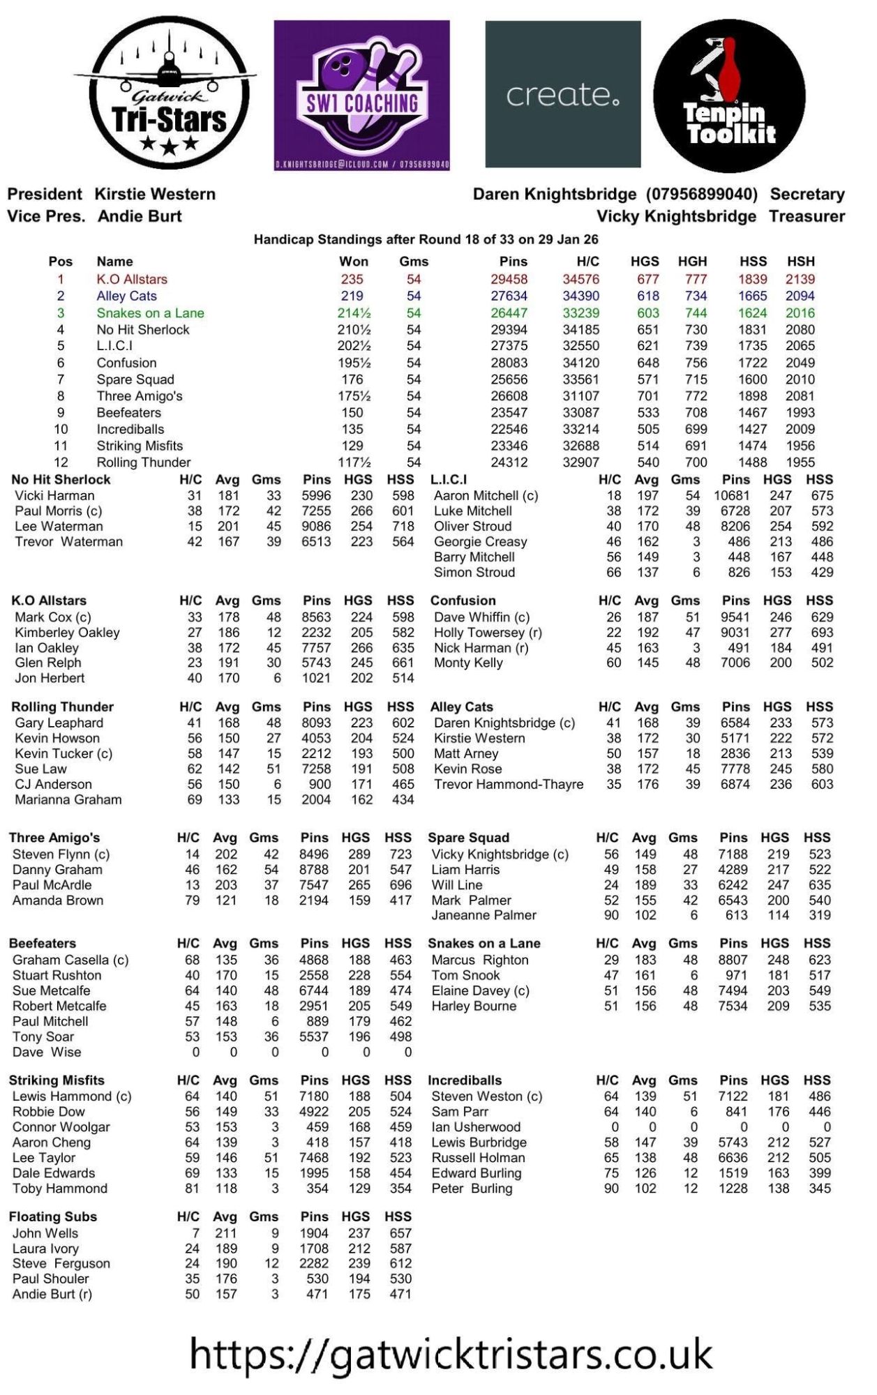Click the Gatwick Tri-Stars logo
166,93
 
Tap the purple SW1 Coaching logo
361,95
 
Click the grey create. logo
562,94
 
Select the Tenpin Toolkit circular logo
729,96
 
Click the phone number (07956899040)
701,194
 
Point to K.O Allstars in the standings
132,279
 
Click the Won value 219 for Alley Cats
352,296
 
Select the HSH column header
800,261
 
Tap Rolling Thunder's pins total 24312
509,462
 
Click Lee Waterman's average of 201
228,526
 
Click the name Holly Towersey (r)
488,632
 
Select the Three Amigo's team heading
54,837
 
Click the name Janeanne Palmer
484,914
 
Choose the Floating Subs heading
53,1216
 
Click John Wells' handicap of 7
195,1232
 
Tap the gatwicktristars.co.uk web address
451,1354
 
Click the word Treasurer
807,216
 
